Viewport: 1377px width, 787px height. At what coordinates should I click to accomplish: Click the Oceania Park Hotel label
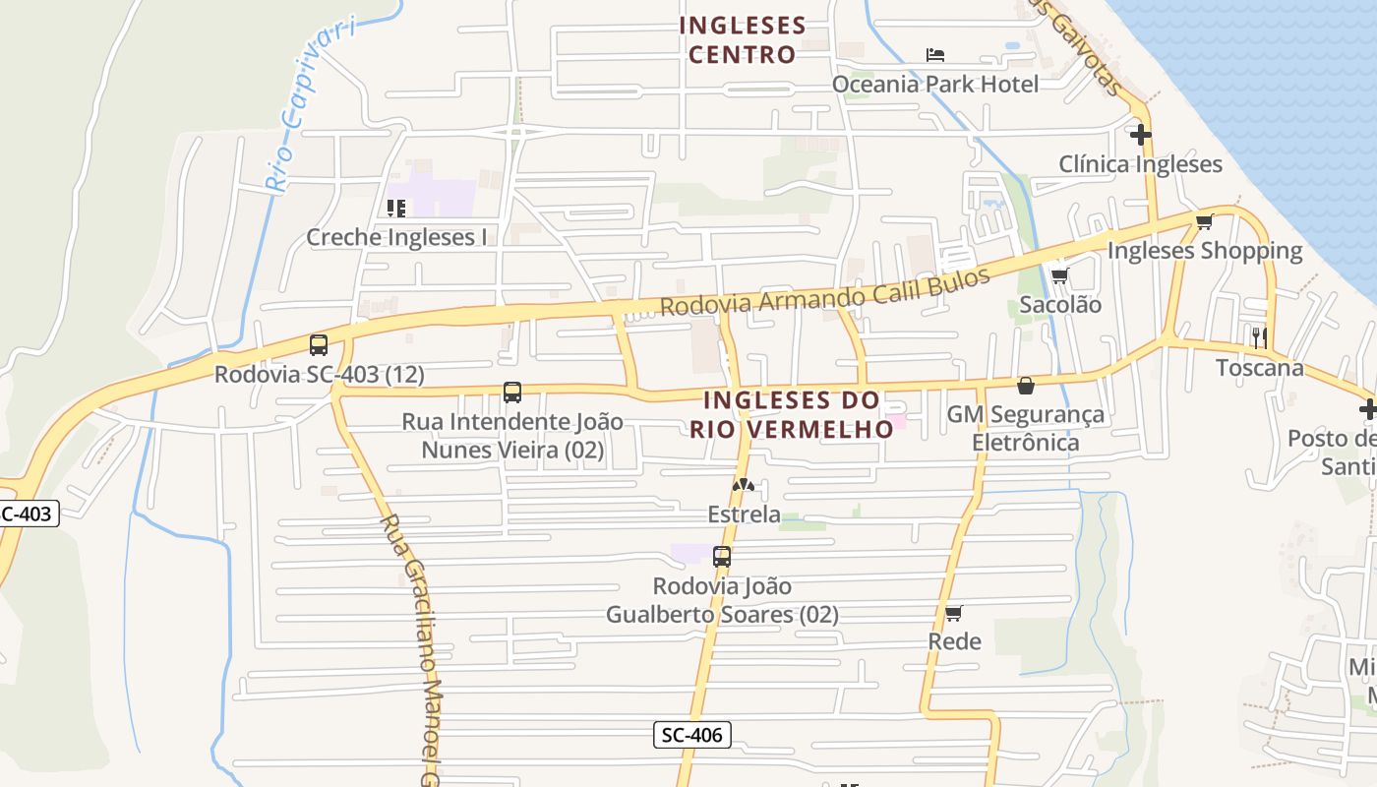(x=934, y=85)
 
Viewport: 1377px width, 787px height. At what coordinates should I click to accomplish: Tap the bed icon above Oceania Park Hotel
(x=935, y=55)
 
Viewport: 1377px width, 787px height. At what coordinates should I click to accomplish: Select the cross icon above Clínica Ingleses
(x=1141, y=134)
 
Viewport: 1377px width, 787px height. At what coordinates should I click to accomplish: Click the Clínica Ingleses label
(x=1140, y=163)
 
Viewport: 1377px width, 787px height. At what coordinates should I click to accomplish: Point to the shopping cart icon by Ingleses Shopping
(x=1204, y=222)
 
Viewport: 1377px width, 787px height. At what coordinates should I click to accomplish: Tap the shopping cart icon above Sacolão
(x=1059, y=276)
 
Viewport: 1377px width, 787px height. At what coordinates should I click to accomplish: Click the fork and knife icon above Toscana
(x=1259, y=337)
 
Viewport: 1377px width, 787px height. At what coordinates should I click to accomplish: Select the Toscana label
(x=1259, y=368)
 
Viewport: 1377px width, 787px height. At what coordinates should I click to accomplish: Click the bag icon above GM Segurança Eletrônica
(x=1026, y=386)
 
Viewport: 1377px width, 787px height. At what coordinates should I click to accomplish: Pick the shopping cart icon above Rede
(x=953, y=614)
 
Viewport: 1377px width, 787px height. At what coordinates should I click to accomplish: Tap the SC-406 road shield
(x=692, y=735)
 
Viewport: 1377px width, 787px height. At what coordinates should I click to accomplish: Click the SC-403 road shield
(x=28, y=513)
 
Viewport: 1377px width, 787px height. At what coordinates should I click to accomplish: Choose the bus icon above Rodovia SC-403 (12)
(x=319, y=345)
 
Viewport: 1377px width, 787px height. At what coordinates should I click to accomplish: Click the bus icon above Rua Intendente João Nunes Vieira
(x=512, y=393)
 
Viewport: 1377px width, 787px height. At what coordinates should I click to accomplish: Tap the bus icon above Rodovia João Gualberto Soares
(x=722, y=557)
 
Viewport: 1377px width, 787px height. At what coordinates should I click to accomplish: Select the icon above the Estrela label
(x=744, y=485)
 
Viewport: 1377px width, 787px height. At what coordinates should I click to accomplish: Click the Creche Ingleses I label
(x=396, y=237)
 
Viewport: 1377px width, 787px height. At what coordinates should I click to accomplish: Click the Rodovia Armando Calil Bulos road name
(x=824, y=292)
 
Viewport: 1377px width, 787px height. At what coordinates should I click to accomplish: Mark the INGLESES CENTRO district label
(x=743, y=39)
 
